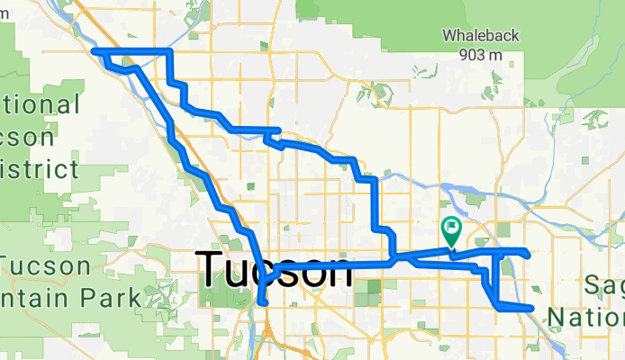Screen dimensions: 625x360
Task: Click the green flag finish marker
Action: point(450,231)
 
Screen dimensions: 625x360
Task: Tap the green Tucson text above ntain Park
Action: point(46,267)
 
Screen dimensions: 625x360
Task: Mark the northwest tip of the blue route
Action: point(95,53)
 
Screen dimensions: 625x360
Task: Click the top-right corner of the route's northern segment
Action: point(168,52)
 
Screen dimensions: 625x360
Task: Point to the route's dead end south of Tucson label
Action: point(262,302)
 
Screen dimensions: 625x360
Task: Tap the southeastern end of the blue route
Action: point(531,309)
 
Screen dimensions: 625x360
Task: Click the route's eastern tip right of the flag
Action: point(525,251)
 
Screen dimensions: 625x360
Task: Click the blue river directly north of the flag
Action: point(450,190)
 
